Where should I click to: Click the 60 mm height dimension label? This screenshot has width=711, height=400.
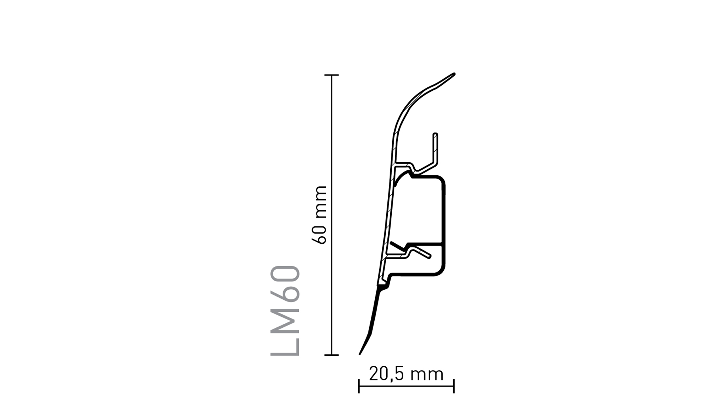click(320, 215)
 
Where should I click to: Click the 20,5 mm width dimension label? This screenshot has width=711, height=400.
click(406, 374)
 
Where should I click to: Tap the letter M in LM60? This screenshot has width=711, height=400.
click(285, 318)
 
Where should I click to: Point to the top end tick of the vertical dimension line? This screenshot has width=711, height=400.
click(331, 75)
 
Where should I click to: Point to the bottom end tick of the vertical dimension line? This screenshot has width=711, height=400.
click(331, 355)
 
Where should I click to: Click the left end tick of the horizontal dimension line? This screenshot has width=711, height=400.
click(359, 386)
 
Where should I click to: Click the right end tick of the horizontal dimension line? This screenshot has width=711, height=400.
click(454, 386)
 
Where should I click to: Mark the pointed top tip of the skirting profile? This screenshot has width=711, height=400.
click(454, 74)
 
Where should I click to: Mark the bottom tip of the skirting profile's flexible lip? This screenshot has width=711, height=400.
click(360, 354)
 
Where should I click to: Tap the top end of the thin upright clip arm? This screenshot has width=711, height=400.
click(435, 134)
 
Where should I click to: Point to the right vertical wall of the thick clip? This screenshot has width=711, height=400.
click(444, 226)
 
